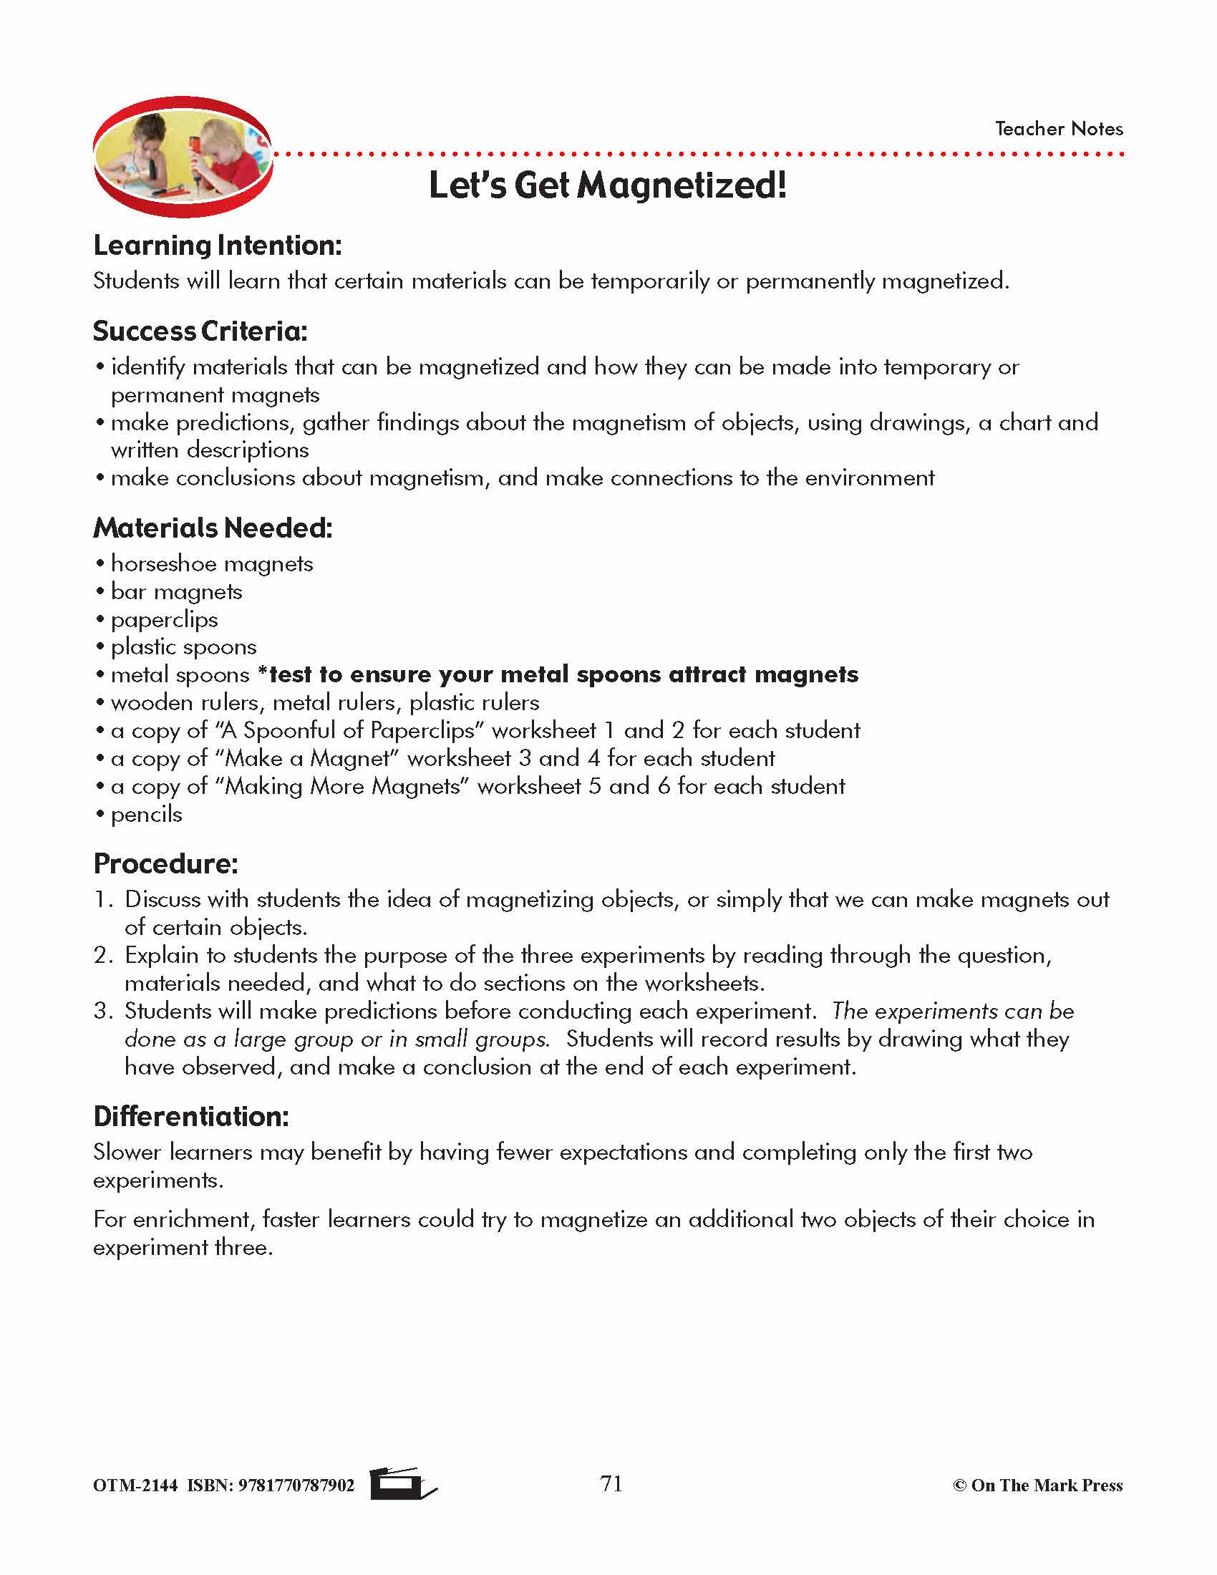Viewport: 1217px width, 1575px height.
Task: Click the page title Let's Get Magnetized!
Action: coord(607,185)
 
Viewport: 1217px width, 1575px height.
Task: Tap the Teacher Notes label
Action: coord(1058,129)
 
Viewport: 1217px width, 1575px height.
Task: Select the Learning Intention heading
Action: coord(217,246)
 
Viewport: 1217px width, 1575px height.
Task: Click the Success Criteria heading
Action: coord(200,331)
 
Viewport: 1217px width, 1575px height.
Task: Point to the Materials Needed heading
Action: coord(213,528)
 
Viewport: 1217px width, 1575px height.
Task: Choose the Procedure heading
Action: coord(165,863)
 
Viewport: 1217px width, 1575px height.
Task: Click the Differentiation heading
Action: coord(191,1116)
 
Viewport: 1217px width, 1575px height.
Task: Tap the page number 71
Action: coord(611,1483)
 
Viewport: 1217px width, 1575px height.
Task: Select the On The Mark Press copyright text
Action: coord(1037,1486)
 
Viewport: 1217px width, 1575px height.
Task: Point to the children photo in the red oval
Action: coord(182,157)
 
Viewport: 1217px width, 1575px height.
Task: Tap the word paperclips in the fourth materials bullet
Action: coord(165,619)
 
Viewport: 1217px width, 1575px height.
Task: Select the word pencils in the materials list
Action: coord(146,815)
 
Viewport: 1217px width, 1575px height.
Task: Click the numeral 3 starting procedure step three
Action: coord(102,1011)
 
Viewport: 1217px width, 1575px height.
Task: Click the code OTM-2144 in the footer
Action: coord(135,1486)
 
